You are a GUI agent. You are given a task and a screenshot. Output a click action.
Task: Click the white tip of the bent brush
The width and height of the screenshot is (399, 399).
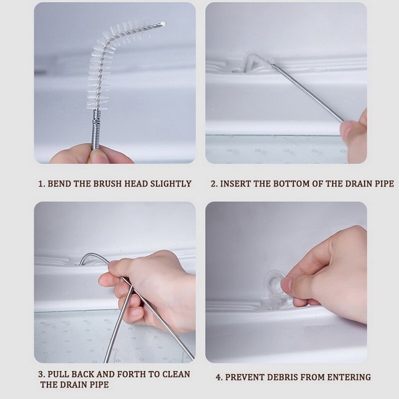[x=163, y=23]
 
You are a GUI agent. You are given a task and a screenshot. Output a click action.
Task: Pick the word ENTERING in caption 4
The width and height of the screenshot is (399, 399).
[x=349, y=377]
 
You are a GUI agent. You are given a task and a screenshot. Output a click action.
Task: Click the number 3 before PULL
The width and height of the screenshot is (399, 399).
[x=41, y=374]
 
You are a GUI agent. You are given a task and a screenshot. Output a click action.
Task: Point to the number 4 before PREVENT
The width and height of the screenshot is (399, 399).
[x=218, y=377]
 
